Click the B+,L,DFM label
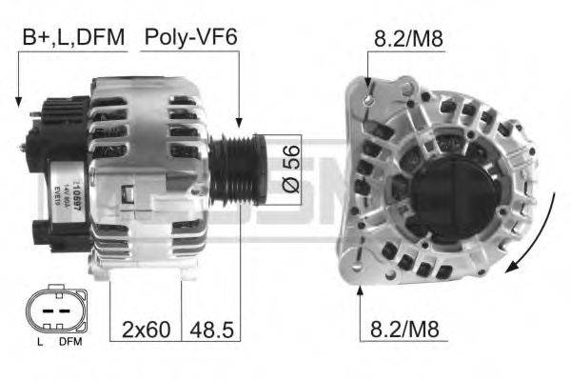(x=71, y=37)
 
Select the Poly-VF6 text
(x=190, y=37)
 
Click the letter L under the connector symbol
(x=38, y=341)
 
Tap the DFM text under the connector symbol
(x=69, y=341)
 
